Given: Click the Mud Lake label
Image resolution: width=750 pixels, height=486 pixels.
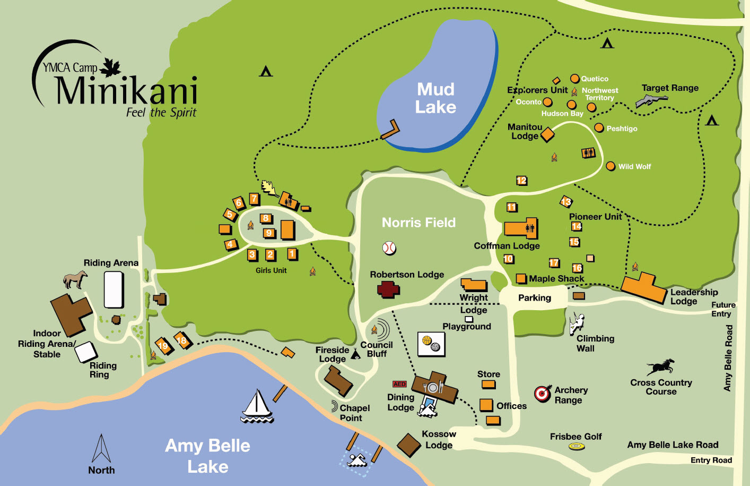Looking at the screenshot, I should coord(435,98).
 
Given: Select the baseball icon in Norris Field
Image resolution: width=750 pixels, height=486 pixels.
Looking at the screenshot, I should coord(389,248).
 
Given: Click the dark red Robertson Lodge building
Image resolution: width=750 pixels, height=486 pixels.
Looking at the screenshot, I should coord(388,289).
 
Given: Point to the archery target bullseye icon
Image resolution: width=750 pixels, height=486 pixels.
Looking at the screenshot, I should coord(542,394).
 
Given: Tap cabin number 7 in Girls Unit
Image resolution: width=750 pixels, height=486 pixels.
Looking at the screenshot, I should coord(255,199).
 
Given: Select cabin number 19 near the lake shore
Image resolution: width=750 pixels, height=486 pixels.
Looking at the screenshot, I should coord(163,346).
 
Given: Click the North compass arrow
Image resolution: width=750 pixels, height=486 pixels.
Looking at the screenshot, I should coord(101,449).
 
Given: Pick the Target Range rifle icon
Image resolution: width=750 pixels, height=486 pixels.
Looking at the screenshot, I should coord(651,100).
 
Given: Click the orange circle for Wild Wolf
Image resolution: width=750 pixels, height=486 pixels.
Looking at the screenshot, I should coord(611,166).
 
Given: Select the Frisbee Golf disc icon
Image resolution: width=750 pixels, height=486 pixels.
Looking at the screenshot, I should coord(577,447).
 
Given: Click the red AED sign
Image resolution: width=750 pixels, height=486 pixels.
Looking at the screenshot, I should coord(399,384).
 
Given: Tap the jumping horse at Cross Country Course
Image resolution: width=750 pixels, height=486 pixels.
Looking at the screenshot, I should coord(660,366).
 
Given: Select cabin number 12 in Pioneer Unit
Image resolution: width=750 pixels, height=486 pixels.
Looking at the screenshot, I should coord(521,181).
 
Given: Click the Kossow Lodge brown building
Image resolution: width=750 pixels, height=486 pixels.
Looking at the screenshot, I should coord(409,445).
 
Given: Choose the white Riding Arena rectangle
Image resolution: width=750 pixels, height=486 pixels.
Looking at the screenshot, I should coord(114,289).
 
